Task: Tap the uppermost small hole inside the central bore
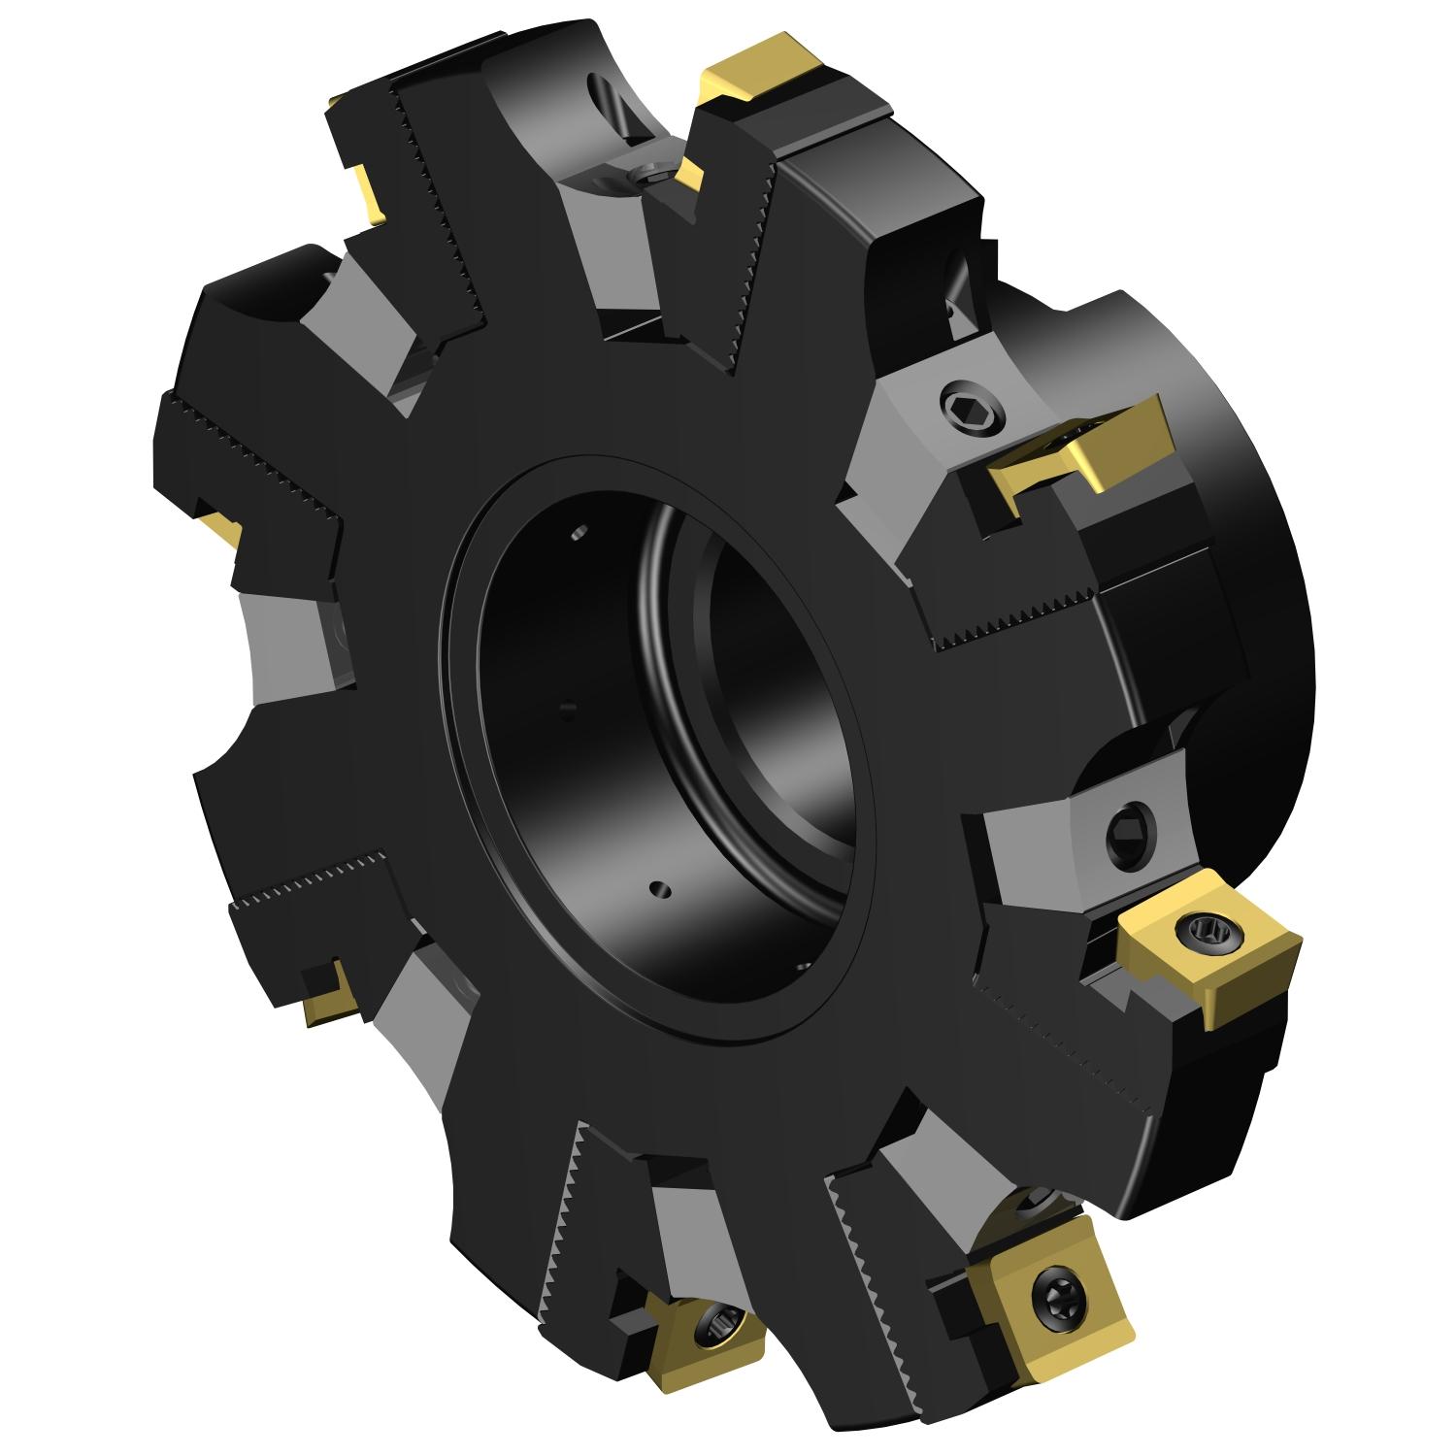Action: click(579, 531)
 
